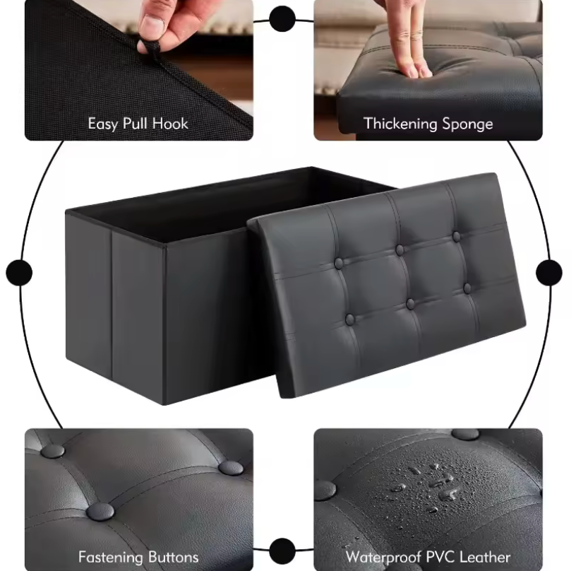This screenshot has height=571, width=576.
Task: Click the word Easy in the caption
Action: click(x=103, y=124)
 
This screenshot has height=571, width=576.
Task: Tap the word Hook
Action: click(x=170, y=124)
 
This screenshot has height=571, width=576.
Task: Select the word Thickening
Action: click(x=400, y=124)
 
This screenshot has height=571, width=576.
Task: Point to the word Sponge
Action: click(x=467, y=124)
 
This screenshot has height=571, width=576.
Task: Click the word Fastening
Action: click(x=111, y=557)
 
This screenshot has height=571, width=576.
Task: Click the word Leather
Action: click(x=485, y=557)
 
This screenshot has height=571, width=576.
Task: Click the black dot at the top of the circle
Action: click(x=282, y=19)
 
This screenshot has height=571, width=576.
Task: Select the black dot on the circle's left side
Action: click(x=19, y=273)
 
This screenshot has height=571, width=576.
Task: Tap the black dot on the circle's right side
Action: click(x=548, y=273)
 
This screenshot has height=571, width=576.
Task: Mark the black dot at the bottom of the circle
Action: click(x=282, y=551)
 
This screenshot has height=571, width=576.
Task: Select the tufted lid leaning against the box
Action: click(x=386, y=285)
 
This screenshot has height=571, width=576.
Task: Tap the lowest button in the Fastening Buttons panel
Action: click(x=100, y=512)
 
